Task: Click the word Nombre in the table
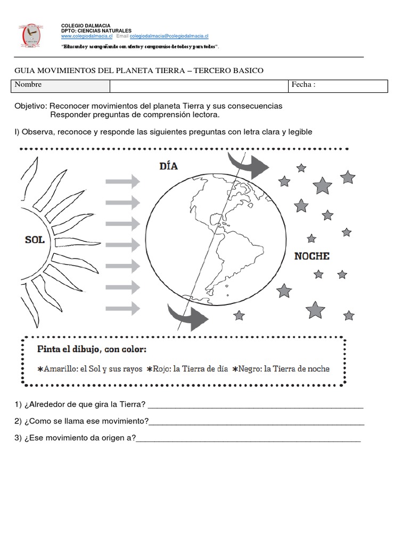(x=28, y=85)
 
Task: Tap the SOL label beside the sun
(x=35, y=240)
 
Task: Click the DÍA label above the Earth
(x=168, y=166)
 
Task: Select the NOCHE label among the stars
(x=312, y=256)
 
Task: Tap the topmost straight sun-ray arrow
(x=122, y=182)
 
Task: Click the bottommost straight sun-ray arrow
(x=122, y=308)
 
